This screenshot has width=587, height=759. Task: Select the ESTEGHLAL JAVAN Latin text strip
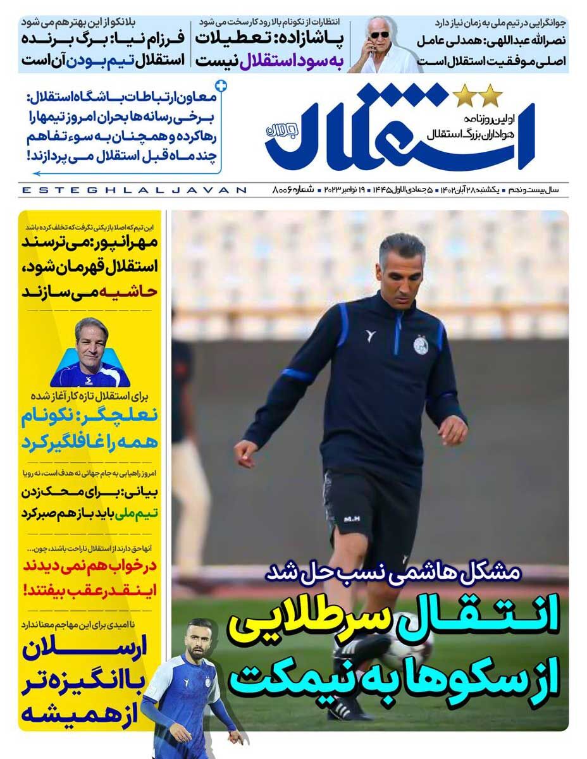click(x=133, y=190)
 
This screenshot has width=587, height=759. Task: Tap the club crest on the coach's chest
click(x=421, y=345)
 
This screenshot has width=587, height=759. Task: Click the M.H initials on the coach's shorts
click(x=350, y=519)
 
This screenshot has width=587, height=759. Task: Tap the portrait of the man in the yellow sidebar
click(x=90, y=354)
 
